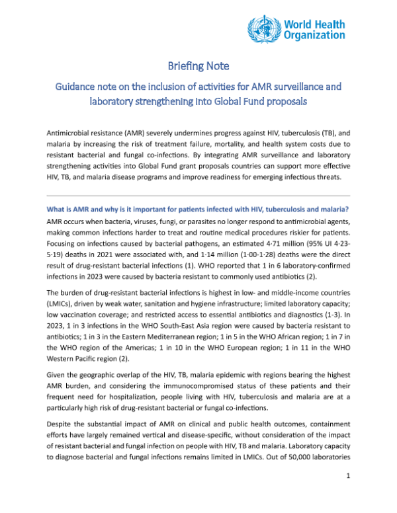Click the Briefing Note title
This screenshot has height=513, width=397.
click(198, 66)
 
